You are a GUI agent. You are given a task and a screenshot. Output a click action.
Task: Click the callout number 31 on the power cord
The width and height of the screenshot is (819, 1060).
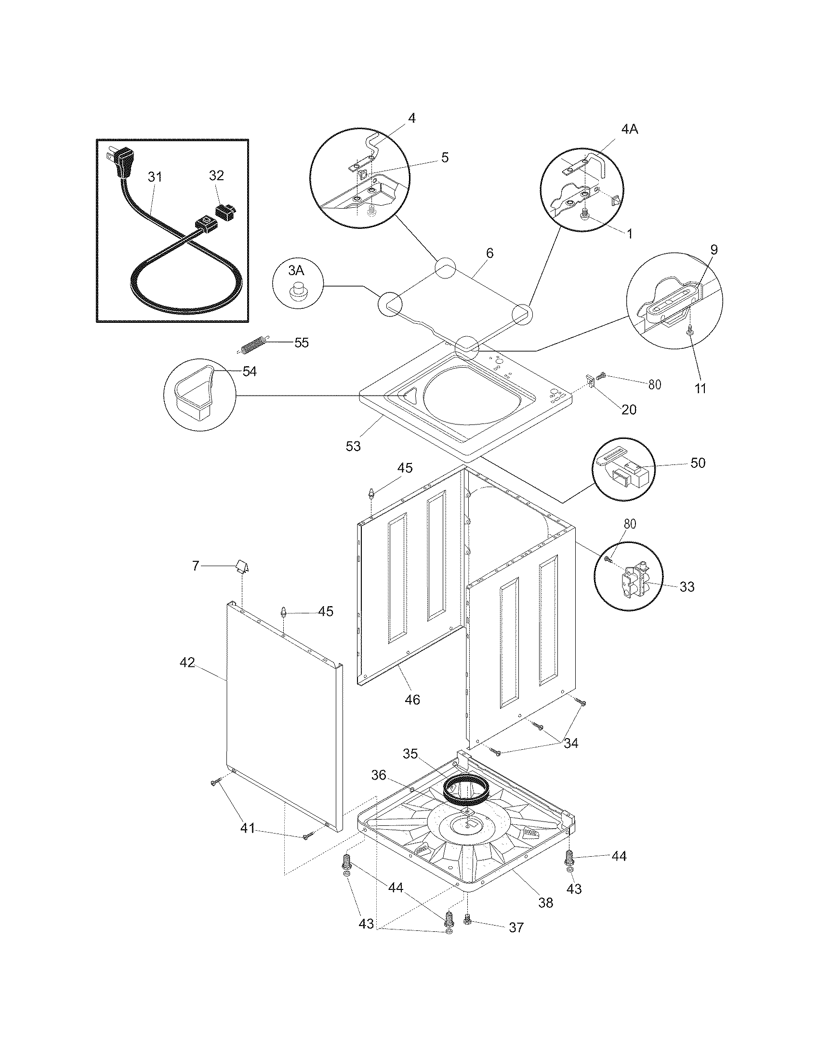coord(154,177)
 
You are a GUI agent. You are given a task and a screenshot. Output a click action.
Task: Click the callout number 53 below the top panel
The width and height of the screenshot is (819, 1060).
coord(353,447)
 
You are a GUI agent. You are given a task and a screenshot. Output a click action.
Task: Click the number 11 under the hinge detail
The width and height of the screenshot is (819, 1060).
coord(700,388)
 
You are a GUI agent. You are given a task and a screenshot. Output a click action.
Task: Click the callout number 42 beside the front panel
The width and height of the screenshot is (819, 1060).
coord(187,662)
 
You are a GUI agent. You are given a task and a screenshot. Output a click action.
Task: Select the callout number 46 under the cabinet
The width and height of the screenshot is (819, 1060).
coord(412,700)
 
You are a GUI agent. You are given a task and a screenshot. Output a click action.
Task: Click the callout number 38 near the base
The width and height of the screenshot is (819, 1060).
coord(546,903)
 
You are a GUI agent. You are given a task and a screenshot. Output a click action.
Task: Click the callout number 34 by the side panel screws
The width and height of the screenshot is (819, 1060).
coord(570,743)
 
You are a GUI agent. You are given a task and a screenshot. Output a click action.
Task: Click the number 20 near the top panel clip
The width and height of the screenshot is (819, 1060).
coord(629,410)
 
